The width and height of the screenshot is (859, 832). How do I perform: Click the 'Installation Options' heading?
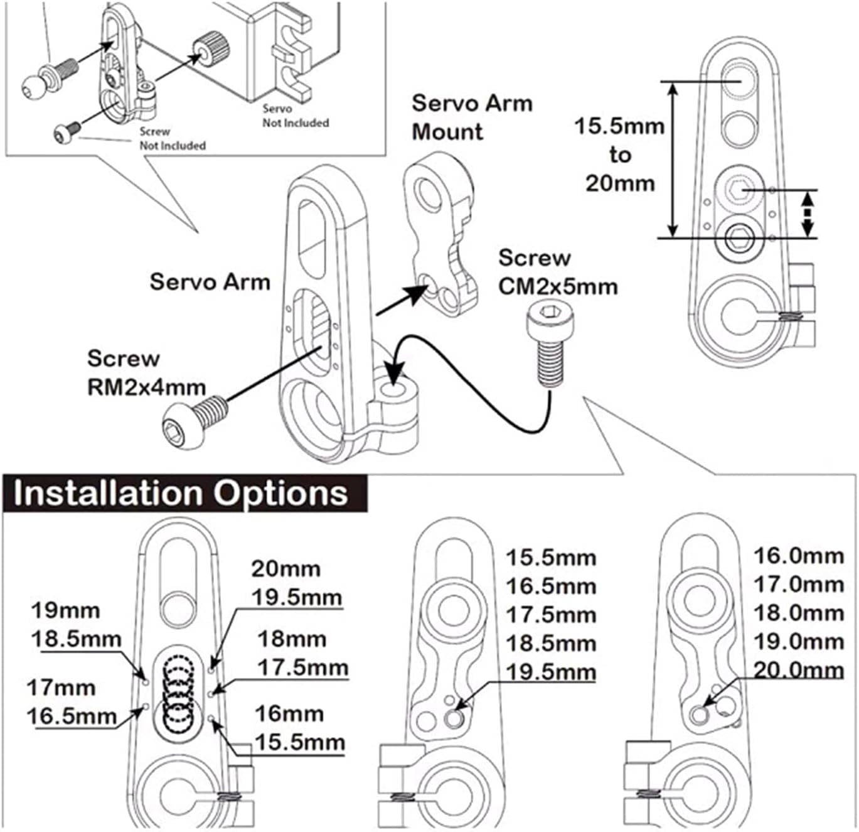point(181,493)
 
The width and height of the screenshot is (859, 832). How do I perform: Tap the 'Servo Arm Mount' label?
point(472,117)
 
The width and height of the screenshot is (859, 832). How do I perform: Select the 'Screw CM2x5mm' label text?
point(558,272)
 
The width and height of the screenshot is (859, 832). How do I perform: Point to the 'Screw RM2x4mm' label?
point(146,372)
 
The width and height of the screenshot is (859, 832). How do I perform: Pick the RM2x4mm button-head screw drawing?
point(193,421)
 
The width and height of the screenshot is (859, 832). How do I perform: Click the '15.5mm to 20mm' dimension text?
point(619,154)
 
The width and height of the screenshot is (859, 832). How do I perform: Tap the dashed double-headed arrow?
point(808,213)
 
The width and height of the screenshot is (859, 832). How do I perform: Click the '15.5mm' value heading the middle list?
point(551,558)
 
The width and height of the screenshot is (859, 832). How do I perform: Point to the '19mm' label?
point(65,610)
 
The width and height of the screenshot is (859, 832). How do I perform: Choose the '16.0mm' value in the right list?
point(798,556)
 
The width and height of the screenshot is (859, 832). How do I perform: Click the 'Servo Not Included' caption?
point(295,116)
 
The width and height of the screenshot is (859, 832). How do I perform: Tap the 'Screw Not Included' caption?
point(171,138)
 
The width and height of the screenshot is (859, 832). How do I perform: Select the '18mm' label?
point(292,639)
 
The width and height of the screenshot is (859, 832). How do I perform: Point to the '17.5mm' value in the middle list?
point(551,615)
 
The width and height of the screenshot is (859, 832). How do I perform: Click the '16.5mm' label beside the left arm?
point(72,716)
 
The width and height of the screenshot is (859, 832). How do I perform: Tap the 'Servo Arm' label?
point(210,282)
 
